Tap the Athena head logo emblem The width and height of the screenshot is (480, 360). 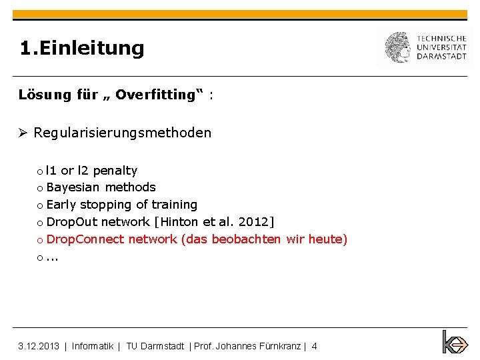[398, 47]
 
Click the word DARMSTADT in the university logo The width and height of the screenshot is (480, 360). [441, 57]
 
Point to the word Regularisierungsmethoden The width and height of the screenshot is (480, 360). [123, 133]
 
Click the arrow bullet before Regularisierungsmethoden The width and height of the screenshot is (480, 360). [23, 133]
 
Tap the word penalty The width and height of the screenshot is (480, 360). [115, 171]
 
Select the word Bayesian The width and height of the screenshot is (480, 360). [73, 187]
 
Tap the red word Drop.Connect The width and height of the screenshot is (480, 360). [85, 239]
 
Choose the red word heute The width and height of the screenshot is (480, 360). [327, 239]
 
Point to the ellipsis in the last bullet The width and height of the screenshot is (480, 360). [53, 257]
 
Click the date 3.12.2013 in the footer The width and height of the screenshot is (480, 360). [39, 346]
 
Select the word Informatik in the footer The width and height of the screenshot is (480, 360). [93, 346]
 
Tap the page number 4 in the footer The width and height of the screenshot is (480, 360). [314, 346]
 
